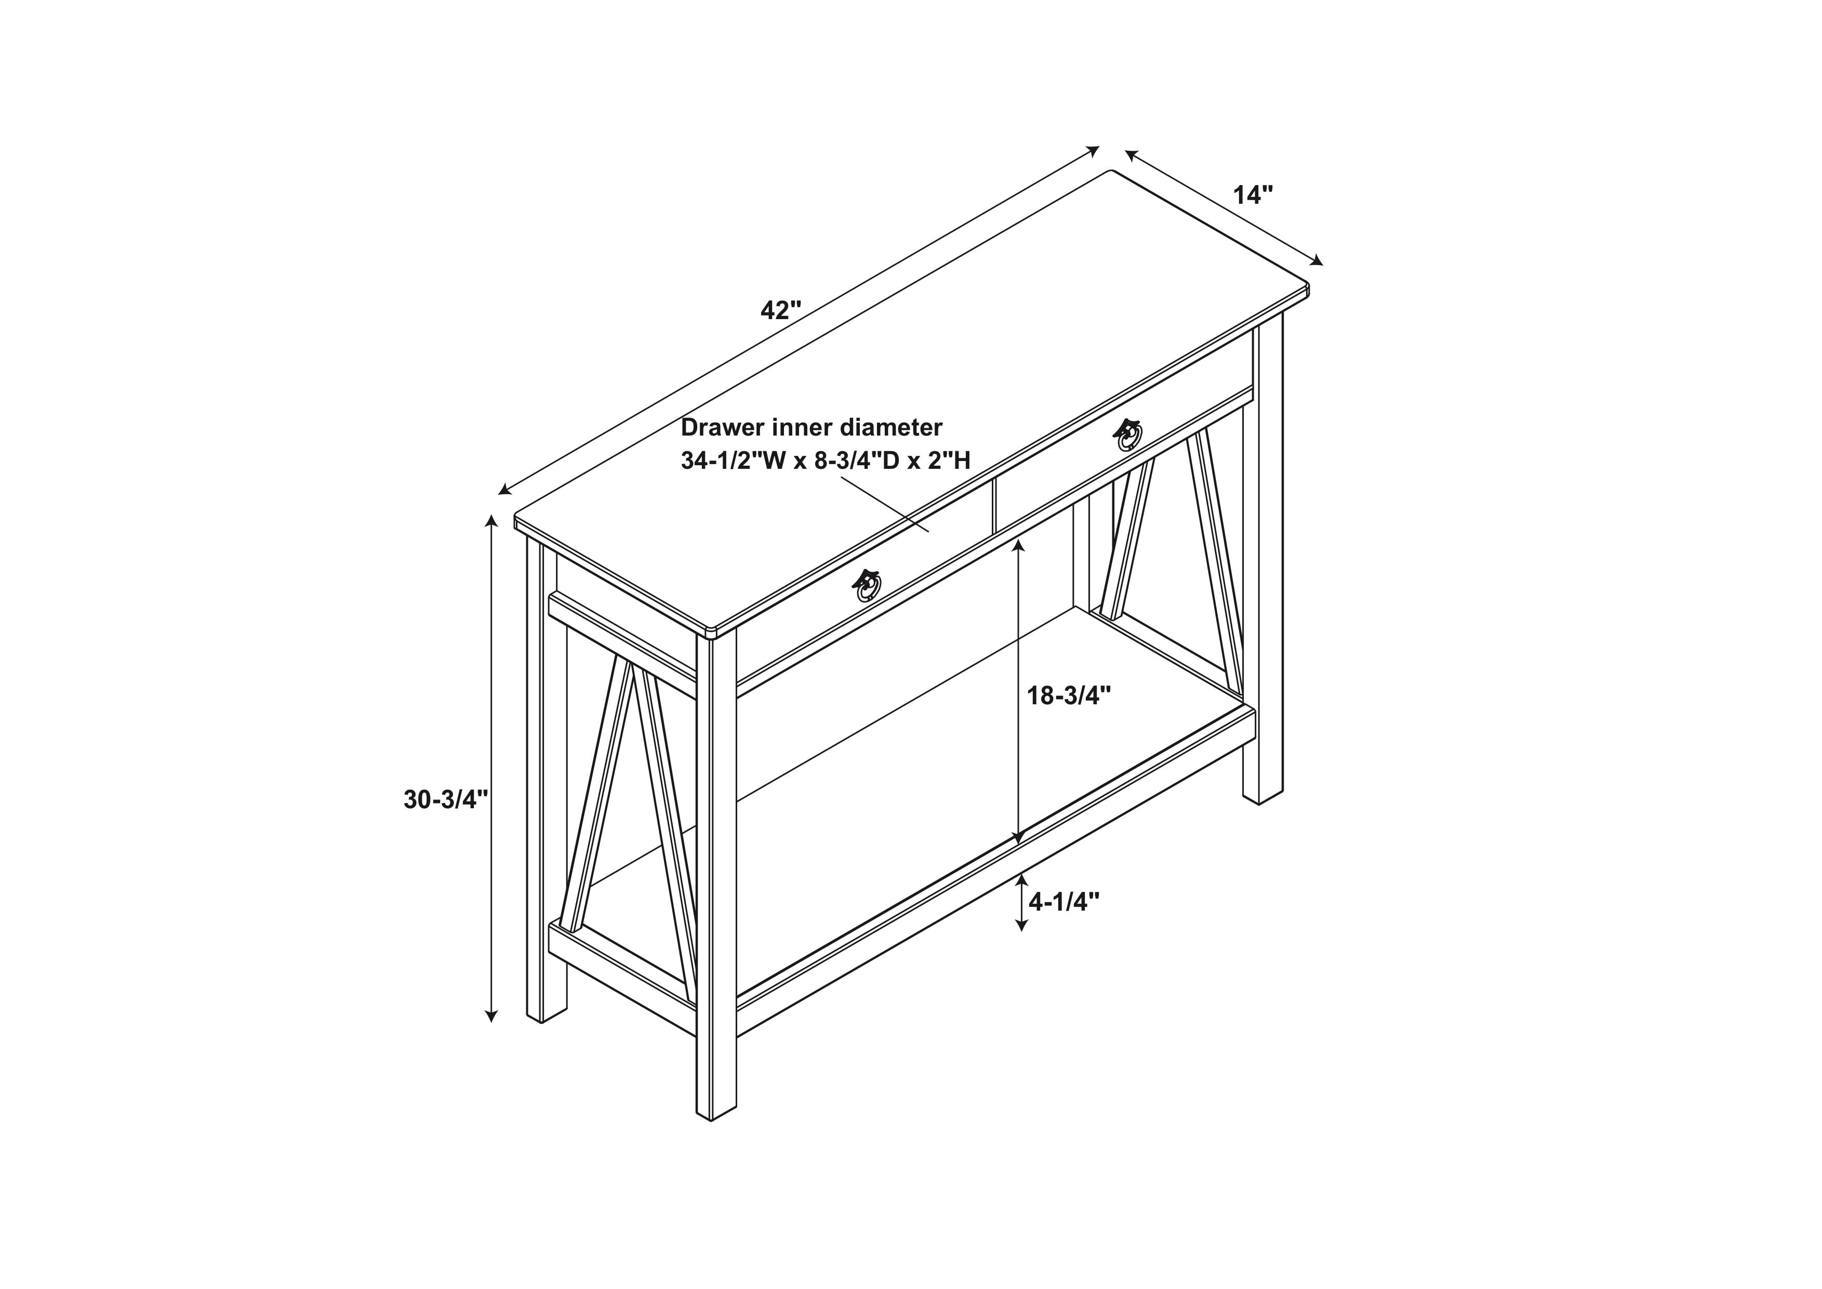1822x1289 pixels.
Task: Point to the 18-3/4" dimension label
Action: coord(1069,695)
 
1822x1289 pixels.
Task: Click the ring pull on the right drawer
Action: coord(1129,434)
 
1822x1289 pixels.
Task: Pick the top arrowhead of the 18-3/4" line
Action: coord(1019,545)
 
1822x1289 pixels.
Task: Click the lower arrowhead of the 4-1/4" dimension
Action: coord(1021,925)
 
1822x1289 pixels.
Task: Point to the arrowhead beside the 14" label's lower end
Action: coord(1318,259)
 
